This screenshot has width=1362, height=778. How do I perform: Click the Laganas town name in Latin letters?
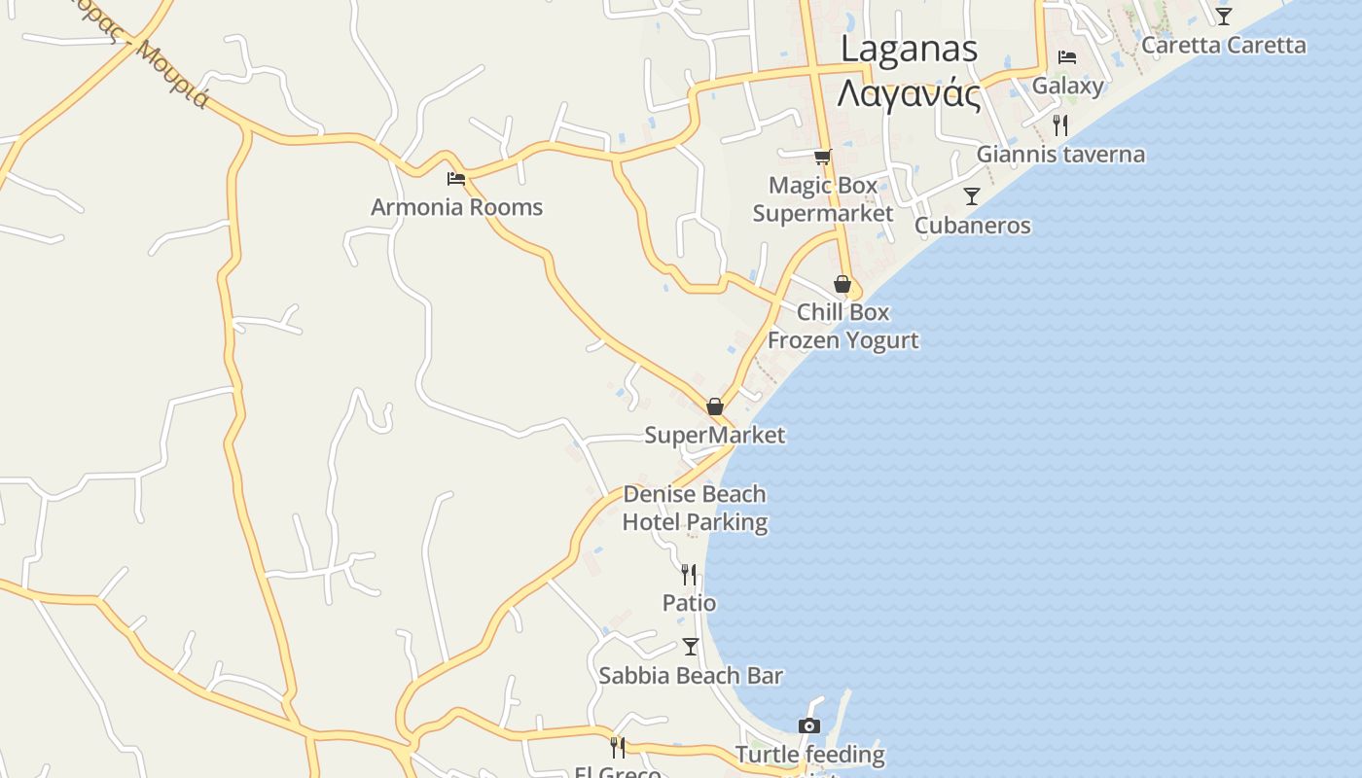(909, 49)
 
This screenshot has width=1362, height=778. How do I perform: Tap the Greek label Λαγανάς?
(909, 94)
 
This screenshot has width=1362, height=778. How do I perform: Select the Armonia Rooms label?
(456, 207)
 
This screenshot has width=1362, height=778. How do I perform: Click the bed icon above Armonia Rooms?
(455, 178)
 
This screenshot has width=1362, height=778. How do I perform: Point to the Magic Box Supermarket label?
(823, 199)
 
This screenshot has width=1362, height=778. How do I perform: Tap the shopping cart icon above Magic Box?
(823, 156)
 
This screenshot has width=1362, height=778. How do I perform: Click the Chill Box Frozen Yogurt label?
(842, 326)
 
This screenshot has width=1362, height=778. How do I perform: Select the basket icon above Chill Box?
(842, 284)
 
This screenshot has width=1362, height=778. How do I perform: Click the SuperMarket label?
(714, 435)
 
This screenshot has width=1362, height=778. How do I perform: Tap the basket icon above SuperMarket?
(715, 407)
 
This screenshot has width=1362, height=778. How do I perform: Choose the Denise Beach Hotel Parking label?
(695, 508)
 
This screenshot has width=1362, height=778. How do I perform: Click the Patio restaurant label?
(689, 603)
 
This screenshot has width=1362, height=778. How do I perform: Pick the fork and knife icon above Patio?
(689, 575)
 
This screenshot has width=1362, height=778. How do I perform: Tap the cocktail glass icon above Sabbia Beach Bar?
(691, 647)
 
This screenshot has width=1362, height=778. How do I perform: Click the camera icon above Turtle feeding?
(808, 725)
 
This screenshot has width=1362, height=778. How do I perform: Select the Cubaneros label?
(972, 226)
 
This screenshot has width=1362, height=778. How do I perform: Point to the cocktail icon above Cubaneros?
(971, 196)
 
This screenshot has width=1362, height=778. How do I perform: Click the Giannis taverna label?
(1060, 154)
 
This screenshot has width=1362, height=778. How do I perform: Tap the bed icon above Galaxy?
(1067, 57)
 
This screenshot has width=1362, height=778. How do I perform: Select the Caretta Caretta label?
(1223, 45)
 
